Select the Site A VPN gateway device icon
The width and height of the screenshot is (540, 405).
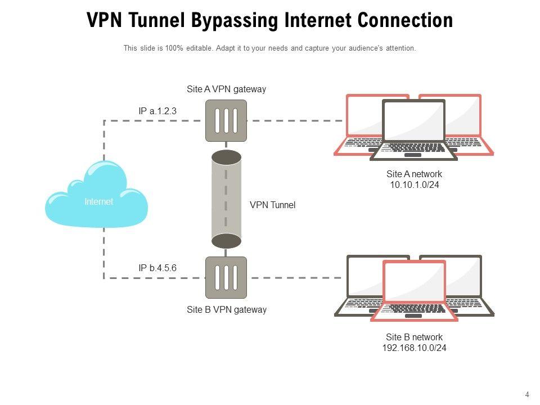tap(226, 120)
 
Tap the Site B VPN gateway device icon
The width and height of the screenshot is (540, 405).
tap(226, 277)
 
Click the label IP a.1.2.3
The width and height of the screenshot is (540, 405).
tap(157, 111)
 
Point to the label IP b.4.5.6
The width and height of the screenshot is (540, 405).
tap(157, 268)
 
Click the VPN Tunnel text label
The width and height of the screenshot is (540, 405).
tap(272, 205)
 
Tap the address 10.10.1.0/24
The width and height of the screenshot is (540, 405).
tap(414, 184)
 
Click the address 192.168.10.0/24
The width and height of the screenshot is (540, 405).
tap(414, 348)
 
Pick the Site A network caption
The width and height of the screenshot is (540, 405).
tap(414, 174)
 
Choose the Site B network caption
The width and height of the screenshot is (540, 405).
tap(414, 337)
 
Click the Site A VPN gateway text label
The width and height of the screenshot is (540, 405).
tap(226, 89)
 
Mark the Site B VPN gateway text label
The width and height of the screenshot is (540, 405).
tap(226, 309)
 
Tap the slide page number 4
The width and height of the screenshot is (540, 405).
tap(527, 394)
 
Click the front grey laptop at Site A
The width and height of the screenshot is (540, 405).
tap(413, 129)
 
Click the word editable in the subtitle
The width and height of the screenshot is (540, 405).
tap(197, 48)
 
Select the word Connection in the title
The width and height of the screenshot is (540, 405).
tap(406, 21)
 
